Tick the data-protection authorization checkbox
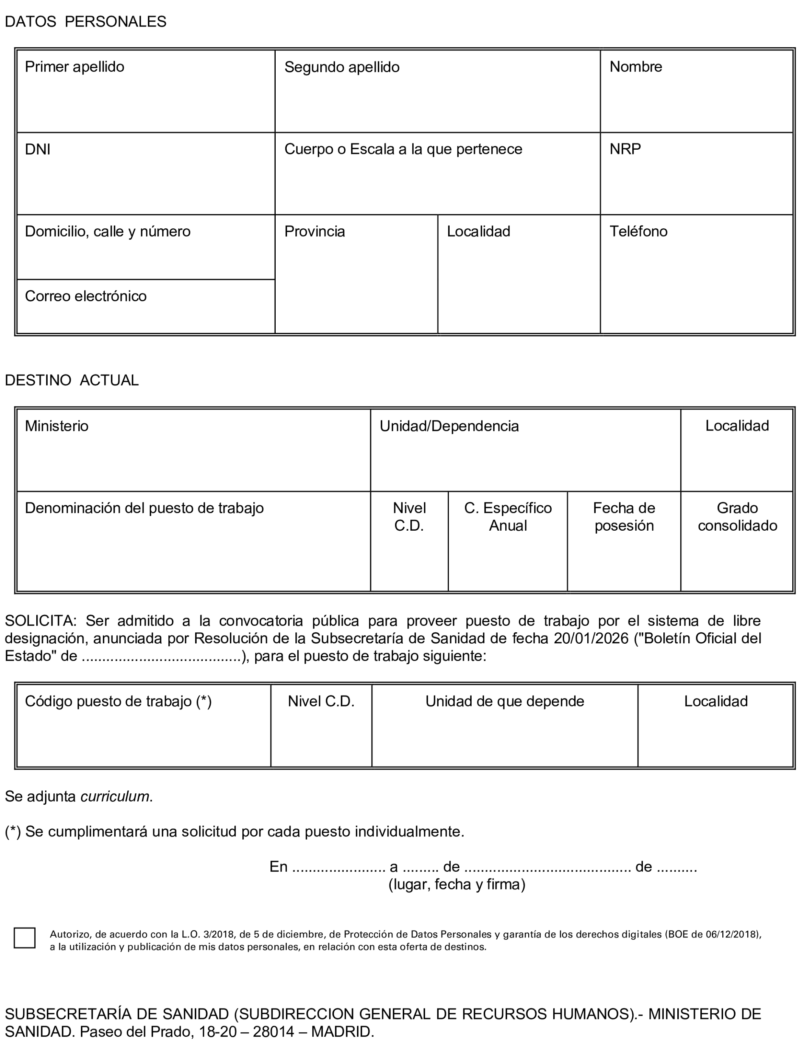pos(25,937)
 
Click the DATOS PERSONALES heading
pos(86,22)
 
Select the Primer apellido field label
pos(75,67)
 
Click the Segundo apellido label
pos(342,67)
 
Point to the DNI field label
pos(38,149)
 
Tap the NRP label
pos(625,149)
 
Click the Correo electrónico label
pos(86,296)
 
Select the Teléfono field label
pos(638,231)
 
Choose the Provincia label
pos(314,231)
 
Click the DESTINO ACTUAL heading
pos(72,380)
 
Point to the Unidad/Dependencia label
pos(449,426)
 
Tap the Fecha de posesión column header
pos(624,517)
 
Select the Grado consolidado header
pos(737,517)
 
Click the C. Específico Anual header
pos(508,517)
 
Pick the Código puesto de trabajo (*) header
pos(118,701)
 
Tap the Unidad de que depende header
pos(504,701)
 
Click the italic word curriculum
pos(115,796)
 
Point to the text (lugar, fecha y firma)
pos(456,884)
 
